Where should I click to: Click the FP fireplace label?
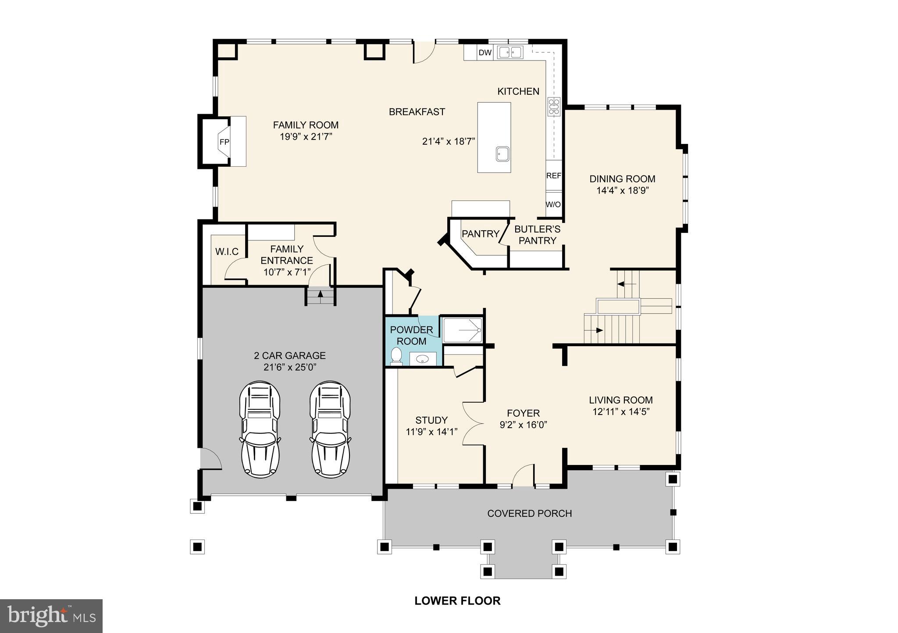click(224, 142)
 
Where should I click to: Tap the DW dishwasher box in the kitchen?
click(485, 53)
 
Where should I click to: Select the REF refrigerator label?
click(553, 175)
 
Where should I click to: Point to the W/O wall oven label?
click(553, 205)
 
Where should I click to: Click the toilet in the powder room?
click(396, 356)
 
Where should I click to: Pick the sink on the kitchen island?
click(503, 154)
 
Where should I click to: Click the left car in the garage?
click(260, 429)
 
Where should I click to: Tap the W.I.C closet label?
click(227, 252)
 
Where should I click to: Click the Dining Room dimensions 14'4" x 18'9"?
click(622, 191)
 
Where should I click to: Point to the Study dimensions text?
click(431, 432)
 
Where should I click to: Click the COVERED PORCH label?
click(529, 514)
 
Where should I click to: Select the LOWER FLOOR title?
click(457, 601)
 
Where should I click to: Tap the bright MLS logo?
click(51, 616)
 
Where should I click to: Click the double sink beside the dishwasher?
click(510, 53)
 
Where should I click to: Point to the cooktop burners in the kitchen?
click(554, 107)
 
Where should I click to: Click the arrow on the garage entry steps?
click(320, 294)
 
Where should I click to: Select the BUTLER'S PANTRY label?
click(537, 235)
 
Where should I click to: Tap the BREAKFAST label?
click(417, 112)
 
